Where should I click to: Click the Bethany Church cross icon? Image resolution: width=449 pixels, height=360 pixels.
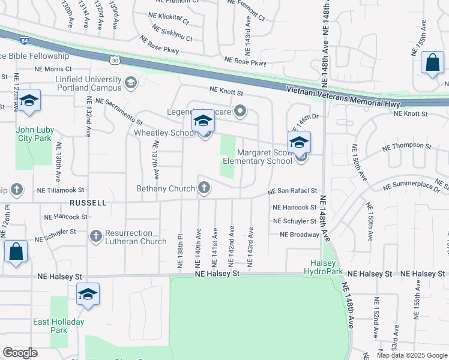[204, 188]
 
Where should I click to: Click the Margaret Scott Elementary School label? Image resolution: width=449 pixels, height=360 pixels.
[257, 157]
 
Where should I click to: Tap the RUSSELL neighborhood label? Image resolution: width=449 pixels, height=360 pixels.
[88, 203]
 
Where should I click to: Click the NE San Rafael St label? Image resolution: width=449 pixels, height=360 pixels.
[292, 191]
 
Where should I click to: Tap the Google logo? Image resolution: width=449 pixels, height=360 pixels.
[20, 353]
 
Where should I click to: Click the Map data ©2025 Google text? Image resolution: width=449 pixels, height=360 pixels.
[412, 355]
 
